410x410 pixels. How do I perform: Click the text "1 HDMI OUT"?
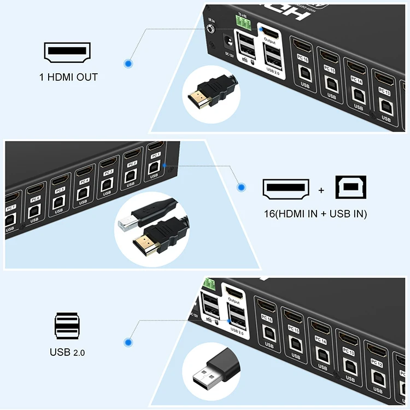pos(68,77)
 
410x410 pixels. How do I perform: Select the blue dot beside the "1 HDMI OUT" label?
pos(128,63)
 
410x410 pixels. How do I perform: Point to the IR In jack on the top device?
pos(212,27)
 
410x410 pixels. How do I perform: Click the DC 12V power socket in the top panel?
pos(225,40)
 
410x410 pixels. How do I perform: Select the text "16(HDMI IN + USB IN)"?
pos(314,213)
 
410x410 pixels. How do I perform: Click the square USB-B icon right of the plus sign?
pos(350,189)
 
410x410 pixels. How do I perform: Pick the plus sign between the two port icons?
pos(321,190)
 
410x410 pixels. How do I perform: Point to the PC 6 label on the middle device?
pos(36,197)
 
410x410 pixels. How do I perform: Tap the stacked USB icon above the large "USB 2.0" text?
pos(67,327)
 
